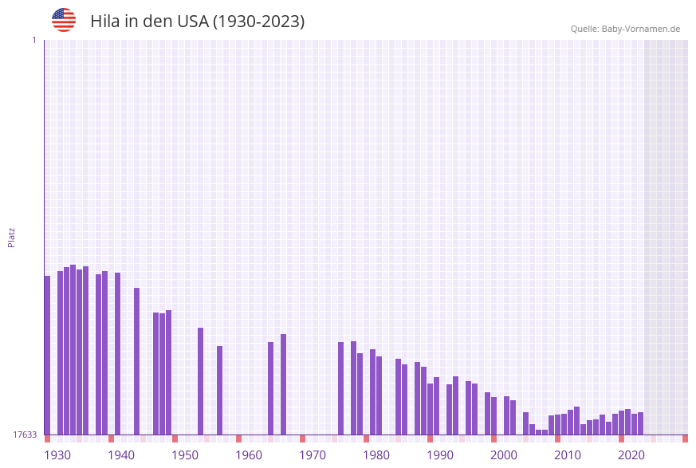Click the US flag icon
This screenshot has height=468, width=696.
tap(64, 20)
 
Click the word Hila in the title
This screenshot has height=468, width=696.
tap(106, 22)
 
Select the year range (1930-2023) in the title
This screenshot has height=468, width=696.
tap(258, 22)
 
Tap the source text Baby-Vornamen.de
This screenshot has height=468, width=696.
tap(641, 29)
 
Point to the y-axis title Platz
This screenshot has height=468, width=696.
tap(12, 237)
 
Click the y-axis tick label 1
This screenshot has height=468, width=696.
tap(34, 40)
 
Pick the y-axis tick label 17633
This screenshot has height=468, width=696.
tap(25, 435)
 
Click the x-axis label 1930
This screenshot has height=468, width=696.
tap(57, 455)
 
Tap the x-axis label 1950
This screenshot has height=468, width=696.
tap(185, 455)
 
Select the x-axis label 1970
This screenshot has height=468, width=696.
tap(313, 455)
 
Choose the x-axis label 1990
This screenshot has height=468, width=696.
tap(440, 455)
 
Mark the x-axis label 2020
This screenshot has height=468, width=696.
tap(631, 455)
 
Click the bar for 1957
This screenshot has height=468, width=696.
tap(219, 390)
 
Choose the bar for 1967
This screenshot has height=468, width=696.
tap(283, 383)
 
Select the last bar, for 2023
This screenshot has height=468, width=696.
tap(640, 423)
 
